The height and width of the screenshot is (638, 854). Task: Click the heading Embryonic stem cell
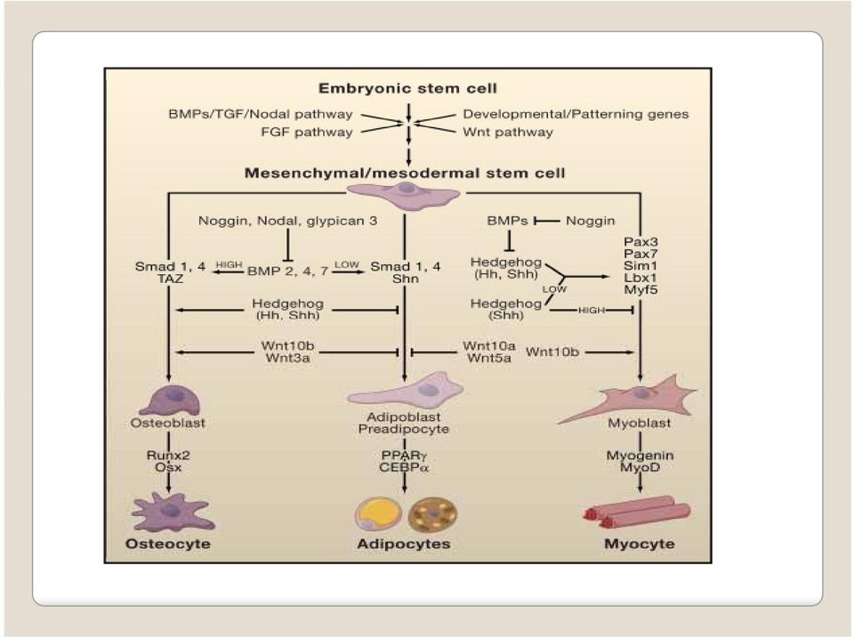[407, 88]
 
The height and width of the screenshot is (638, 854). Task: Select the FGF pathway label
[307, 132]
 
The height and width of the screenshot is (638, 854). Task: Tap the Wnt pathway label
[508, 132]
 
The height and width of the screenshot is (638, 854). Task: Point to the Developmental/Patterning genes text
[576, 114]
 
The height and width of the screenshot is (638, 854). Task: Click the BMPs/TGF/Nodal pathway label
[261, 114]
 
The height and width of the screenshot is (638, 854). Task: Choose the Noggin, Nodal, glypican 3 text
[287, 221]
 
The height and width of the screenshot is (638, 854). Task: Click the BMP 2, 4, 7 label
[287, 271]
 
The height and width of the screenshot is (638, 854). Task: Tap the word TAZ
[171, 279]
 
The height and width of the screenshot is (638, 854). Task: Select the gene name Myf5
[640, 289]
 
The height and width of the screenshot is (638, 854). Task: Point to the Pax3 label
[641, 241]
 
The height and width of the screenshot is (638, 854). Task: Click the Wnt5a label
[489, 358]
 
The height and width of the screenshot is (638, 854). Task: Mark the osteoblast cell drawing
[170, 400]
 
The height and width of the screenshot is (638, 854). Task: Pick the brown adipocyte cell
[432, 513]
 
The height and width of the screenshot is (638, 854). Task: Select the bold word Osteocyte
[168, 544]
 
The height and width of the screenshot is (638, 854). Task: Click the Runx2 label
[168, 455]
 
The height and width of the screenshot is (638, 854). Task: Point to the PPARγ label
[404, 456]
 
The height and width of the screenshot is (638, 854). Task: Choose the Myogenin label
[640, 456]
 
